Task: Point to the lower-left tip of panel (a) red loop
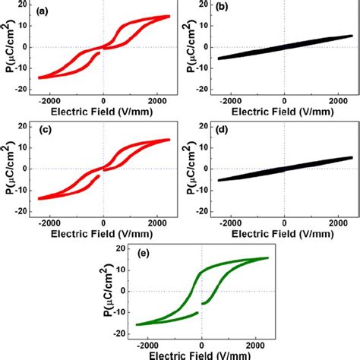[39, 77]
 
